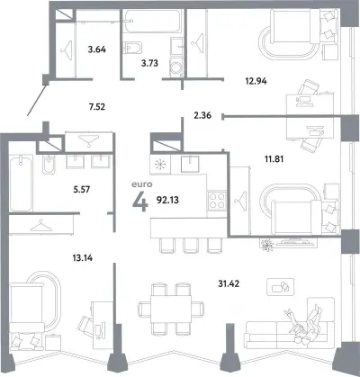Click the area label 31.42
coord(229,283)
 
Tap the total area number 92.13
coord(167,200)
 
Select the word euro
coord(142,184)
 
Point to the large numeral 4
coord(140,202)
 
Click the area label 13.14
coord(83,257)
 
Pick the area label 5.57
coord(82,190)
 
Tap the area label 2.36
coord(202,115)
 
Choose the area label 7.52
coord(97,106)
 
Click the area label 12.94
coord(256,81)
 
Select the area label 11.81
coord(274,159)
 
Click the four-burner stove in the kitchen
coord(217,201)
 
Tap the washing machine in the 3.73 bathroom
coord(176,68)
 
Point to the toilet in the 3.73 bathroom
coord(132,48)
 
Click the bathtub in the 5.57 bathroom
coord(21,183)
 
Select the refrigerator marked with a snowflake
coord(160,164)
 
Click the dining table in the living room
coord(171,309)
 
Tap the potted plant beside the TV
coord(266,245)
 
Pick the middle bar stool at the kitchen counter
coord(191,246)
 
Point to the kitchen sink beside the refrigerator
coord(190,164)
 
